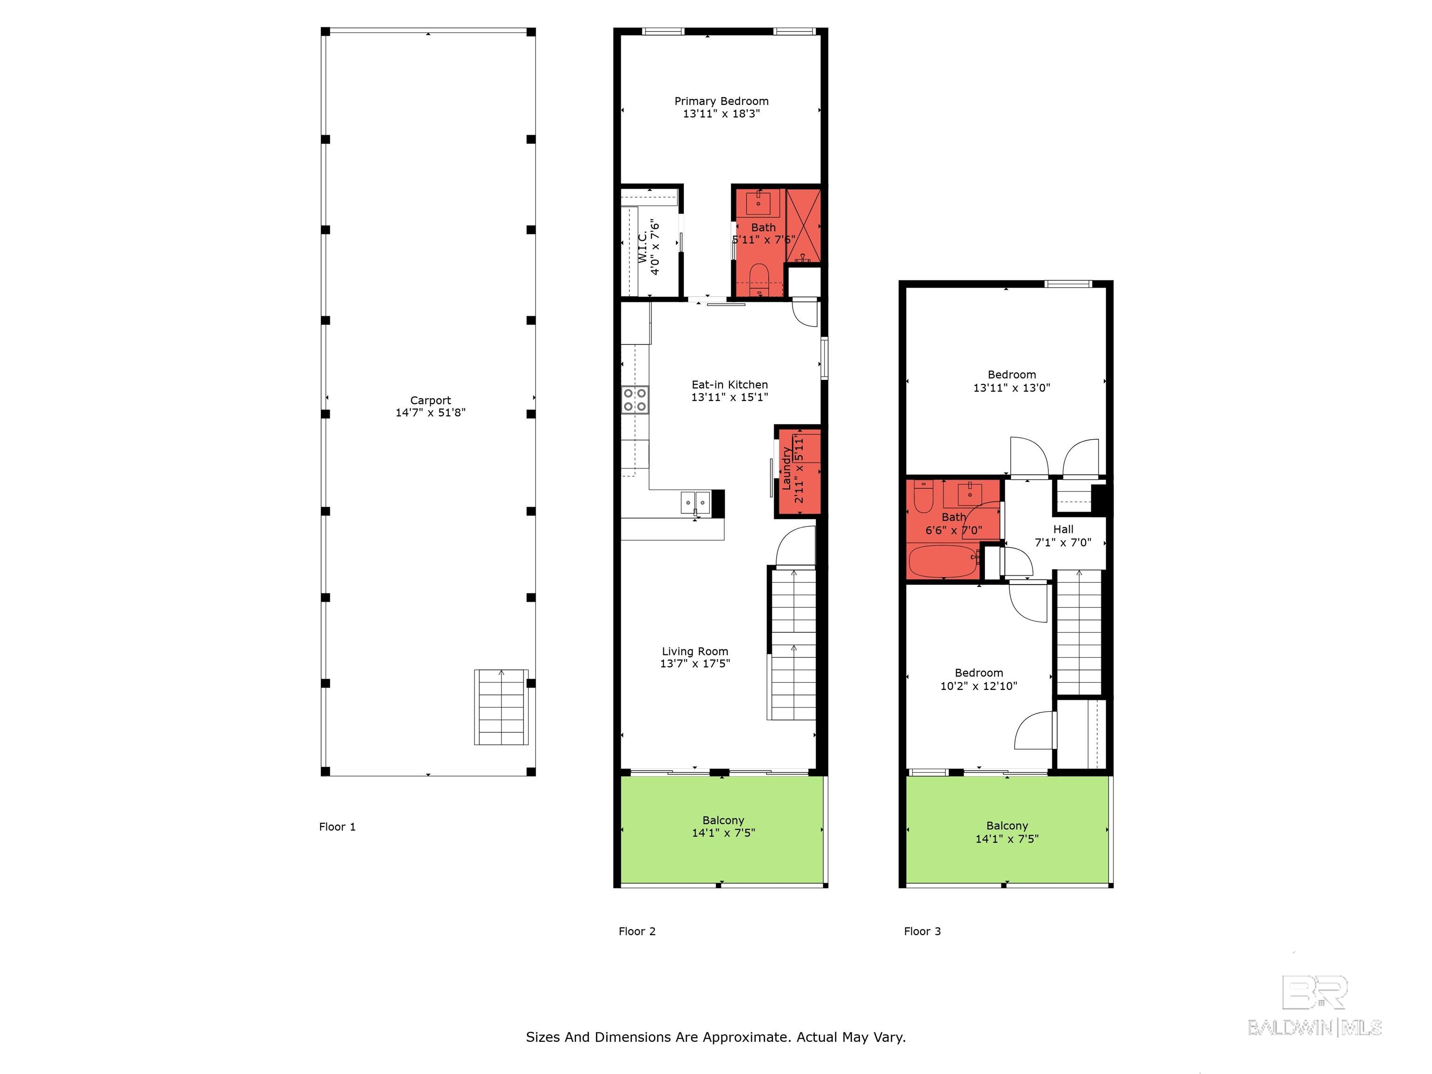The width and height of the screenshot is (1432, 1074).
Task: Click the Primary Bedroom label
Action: pyautogui.click(x=721, y=102)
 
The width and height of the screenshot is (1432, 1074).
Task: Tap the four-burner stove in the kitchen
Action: pyautogui.click(x=635, y=400)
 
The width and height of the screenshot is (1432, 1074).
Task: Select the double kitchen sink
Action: pyautogui.click(x=695, y=503)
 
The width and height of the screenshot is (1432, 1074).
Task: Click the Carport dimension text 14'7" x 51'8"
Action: pyautogui.click(x=431, y=413)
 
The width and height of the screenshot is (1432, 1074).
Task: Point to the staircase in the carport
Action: pyautogui.click(x=501, y=707)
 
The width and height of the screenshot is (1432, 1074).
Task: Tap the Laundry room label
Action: pyautogui.click(x=786, y=468)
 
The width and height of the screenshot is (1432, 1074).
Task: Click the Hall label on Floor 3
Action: pyautogui.click(x=1063, y=529)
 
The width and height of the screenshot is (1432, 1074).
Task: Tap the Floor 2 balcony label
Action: pyautogui.click(x=723, y=820)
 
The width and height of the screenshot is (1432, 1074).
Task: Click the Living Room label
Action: pyautogui.click(x=695, y=651)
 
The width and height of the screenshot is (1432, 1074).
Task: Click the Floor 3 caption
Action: pyautogui.click(x=922, y=931)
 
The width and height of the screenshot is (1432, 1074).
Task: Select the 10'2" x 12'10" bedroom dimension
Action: pyautogui.click(x=978, y=686)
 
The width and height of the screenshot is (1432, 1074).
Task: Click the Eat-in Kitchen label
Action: pyautogui.click(x=730, y=385)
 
